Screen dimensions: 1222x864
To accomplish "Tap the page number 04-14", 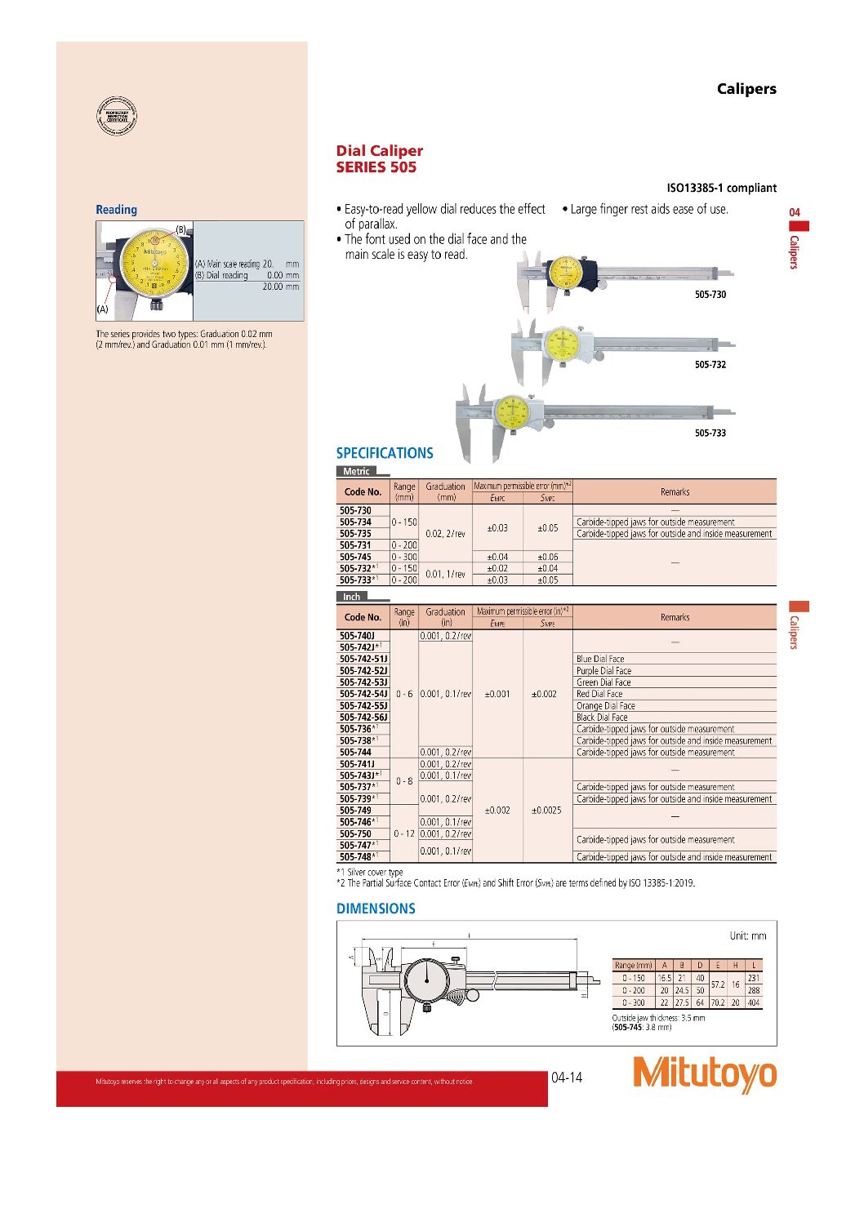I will pos(567,1077).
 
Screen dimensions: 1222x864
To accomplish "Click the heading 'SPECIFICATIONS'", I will pos(385,453).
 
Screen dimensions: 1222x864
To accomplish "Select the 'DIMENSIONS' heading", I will pos(376,909).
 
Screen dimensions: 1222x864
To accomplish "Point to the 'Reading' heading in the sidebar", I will pos(116,210).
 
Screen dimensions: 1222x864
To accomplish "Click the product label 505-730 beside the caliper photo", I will pos(710,295).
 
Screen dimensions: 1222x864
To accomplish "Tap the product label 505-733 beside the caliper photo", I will pos(710,433).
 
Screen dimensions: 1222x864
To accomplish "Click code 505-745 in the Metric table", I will pos(355,557).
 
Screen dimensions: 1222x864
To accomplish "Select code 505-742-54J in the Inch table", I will pos(363,694).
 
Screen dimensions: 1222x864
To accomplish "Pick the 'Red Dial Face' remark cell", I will pos(599,694).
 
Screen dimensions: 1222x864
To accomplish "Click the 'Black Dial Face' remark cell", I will pos(602,718).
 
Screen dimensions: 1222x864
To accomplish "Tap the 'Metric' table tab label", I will pos(356,471).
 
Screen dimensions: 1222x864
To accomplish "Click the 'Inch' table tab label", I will pos(351,597).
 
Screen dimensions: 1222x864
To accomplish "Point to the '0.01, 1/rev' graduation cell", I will pos(445,574).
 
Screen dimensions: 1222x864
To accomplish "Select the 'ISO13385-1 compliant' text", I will pos(721,188).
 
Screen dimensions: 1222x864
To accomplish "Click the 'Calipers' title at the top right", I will pos(746,89).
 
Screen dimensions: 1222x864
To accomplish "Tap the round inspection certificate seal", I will pos(117,116).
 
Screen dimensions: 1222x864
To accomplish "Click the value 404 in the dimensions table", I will pos(753,1002).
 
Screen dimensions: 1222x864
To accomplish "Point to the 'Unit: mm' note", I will pos(747,935).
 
